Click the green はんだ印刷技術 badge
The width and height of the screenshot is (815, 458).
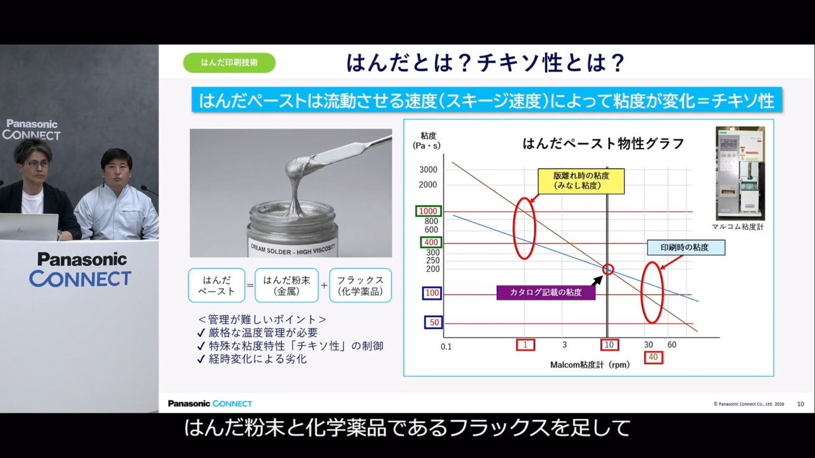(229, 62)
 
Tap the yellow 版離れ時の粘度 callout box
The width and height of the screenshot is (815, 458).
(581, 181)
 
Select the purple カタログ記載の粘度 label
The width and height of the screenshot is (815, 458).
(546, 293)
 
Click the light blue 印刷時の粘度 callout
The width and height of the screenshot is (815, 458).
(685, 247)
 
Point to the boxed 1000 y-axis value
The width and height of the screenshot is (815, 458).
(428, 211)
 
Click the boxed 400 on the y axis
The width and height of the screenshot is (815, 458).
(430, 242)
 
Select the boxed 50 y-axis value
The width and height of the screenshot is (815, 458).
(433, 323)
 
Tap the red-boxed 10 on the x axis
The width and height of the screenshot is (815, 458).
(609, 345)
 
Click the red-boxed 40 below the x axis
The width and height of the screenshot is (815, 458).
(653, 357)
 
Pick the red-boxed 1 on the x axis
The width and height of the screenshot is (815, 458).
(525, 345)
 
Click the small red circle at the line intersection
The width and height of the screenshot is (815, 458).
(608, 270)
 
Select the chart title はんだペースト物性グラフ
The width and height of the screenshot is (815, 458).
(603, 144)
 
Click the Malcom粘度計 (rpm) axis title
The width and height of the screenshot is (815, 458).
(590, 365)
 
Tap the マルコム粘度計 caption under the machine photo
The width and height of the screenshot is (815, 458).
(739, 226)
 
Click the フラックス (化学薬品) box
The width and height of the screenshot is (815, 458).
(360, 285)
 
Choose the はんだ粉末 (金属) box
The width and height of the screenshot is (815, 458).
(287, 285)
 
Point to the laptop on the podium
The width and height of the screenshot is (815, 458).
(29, 226)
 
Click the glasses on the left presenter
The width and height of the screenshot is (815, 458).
(37, 164)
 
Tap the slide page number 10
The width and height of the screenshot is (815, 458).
(800, 404)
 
